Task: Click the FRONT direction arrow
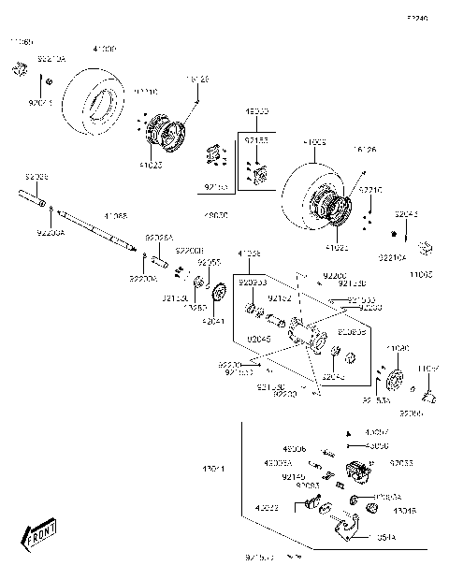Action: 37,537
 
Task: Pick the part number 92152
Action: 281,297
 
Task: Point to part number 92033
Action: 401,462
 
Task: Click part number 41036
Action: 249,254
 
